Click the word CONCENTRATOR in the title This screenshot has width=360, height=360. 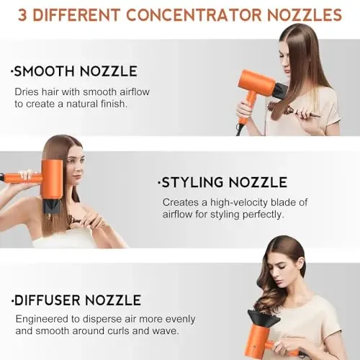click(x=200, y=14)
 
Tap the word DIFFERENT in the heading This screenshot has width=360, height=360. click(x=79, y=14)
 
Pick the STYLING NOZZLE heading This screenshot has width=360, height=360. click(x=224, y=182)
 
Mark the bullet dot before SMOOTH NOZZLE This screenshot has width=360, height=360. click(x=12, y=72)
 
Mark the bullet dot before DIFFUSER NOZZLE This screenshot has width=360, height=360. click(x=12, y=300)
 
